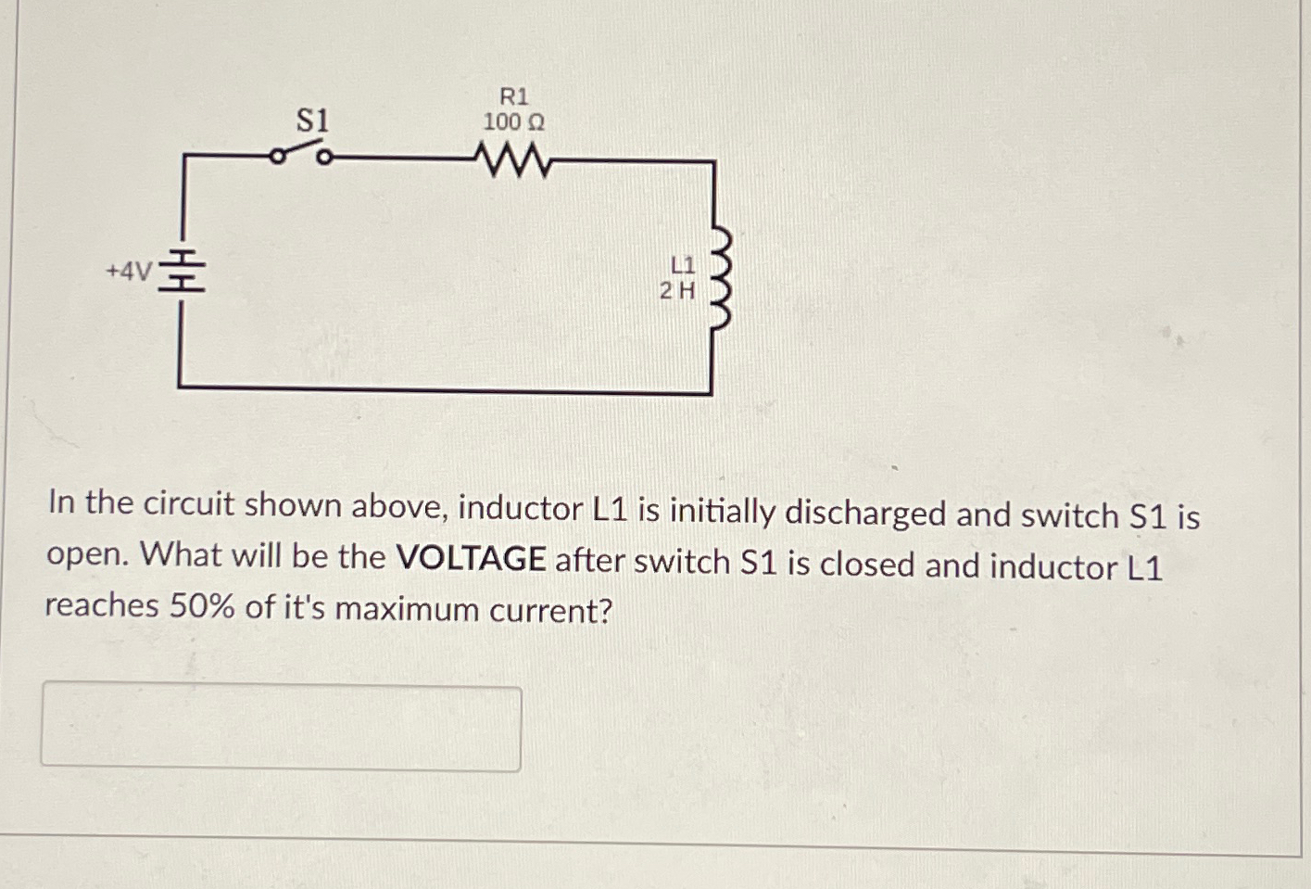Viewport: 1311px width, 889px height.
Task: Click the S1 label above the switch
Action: click(312, 121)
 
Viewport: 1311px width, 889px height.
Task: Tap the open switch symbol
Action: click(299, 154)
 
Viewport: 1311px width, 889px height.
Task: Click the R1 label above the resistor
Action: click(514, 96)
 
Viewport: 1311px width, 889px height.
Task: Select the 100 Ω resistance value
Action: click(513, 122)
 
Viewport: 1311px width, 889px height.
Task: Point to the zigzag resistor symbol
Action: click(513, 160)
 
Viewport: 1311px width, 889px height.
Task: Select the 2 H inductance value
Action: click(677, 291)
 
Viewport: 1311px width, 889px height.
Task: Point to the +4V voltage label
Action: click(128, 272)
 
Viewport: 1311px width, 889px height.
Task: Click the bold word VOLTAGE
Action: click(470, 559)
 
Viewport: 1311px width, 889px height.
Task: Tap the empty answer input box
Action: click(281, 729)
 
